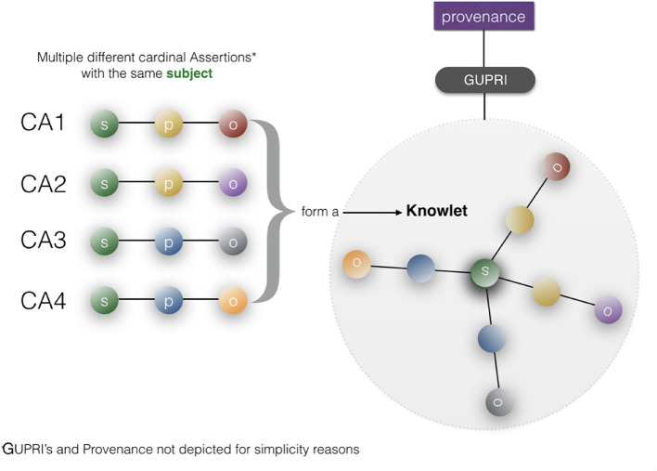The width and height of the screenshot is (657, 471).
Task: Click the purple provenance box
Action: point(483,17)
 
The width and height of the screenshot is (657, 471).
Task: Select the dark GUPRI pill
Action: point(483,81)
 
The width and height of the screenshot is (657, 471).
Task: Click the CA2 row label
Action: point(43,183)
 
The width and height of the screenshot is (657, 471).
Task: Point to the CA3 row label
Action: point(43,242)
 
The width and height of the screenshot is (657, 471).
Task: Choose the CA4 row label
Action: point(43,300)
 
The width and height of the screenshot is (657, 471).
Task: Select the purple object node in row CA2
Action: point(233,184)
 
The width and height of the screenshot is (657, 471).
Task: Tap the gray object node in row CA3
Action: point(233,242)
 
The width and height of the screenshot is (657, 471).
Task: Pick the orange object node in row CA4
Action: point(233,301)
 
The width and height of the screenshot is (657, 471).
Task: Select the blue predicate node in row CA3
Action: point(169,242)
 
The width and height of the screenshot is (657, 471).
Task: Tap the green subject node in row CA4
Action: point(105,301)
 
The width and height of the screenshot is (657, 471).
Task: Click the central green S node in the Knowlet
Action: point(483,273)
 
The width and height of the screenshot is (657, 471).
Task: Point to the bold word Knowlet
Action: point(436,212)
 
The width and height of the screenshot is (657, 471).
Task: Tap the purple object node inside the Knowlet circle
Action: point(607,310)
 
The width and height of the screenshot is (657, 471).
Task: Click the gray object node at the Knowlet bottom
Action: point(499,401)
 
